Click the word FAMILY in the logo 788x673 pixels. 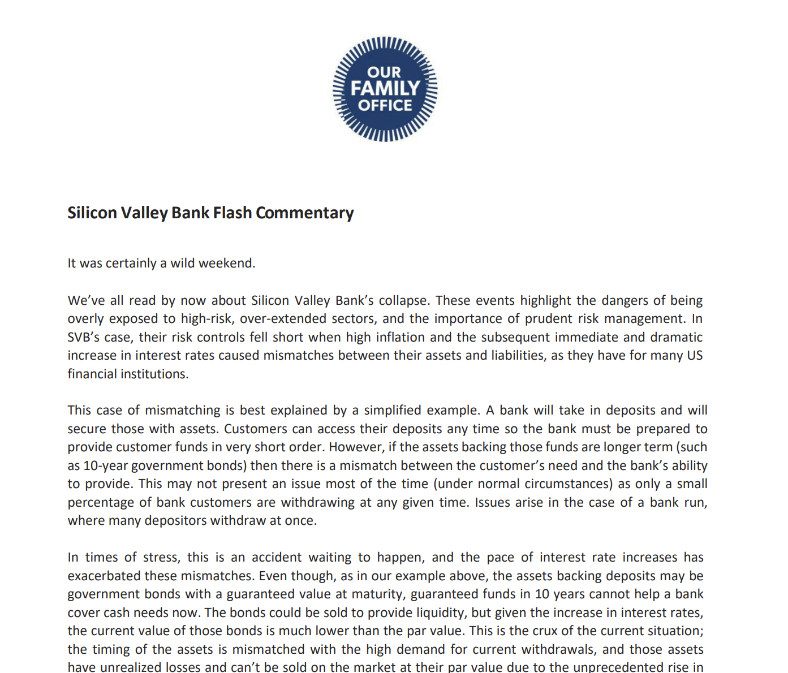tap(385, 88)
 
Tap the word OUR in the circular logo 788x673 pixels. tap(384, 72)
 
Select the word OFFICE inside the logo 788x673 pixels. tap(385, 105)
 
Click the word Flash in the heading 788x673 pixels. tap(232, 213)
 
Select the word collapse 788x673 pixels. tap(404, 300)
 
